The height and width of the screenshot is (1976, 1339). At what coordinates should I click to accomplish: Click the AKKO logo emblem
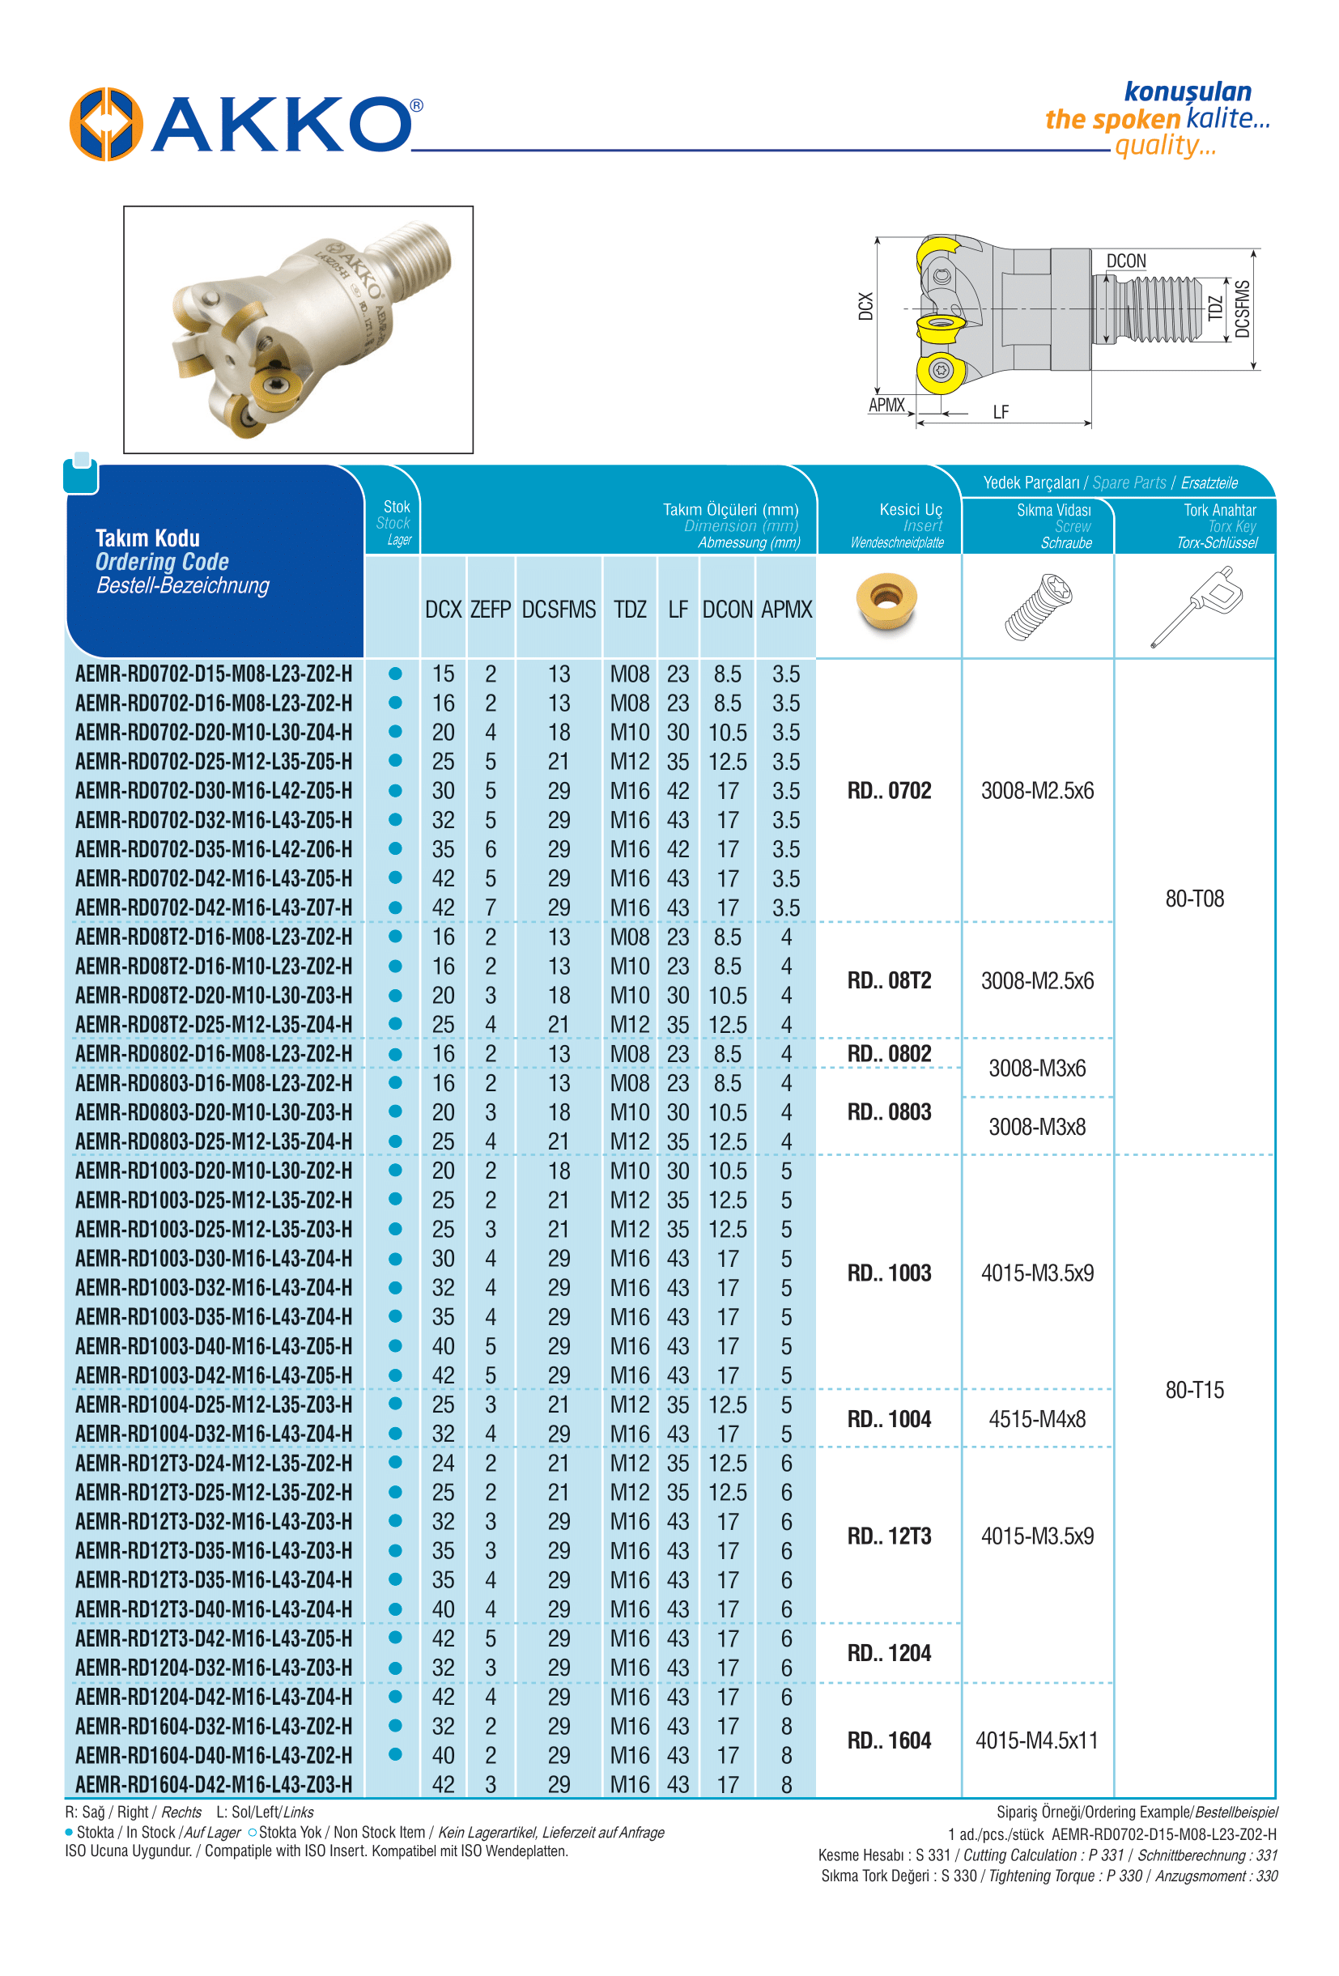click(105, 124)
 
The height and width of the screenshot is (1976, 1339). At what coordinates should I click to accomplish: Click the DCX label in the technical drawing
click(865, 306)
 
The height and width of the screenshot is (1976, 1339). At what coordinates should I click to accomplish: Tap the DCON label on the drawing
click(1125, 261)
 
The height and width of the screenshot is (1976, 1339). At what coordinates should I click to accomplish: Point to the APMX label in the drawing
click(886, 405)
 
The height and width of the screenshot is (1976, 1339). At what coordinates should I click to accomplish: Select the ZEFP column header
click(491, 610)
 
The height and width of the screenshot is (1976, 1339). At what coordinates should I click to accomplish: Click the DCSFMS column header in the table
click(559, 610)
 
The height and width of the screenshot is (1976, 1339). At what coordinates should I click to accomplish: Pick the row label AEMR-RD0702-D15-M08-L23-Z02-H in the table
click(214, 674)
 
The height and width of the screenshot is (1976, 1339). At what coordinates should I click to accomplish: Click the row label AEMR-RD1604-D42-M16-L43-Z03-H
click(214, 1785)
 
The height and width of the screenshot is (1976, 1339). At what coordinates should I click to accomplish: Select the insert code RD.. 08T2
click(889, 980)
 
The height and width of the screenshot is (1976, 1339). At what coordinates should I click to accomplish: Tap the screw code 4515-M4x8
click(1037, 1419)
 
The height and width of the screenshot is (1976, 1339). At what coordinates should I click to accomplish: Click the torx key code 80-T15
click(1194, 1390)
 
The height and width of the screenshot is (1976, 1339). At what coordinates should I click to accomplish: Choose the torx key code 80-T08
click(1194, 899)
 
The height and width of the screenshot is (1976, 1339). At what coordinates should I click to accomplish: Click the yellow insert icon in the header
click(886, 602)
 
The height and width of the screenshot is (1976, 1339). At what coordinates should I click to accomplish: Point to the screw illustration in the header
click(1037, 606)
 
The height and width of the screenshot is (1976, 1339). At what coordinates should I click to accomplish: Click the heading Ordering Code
click(162, 562)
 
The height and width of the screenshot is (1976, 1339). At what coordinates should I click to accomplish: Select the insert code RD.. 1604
click(889, 1740)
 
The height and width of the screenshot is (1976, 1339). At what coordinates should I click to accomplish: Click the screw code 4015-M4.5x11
click(1037, 1740)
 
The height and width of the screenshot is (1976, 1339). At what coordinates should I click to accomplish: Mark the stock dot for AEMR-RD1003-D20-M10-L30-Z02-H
click(395, 1170)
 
